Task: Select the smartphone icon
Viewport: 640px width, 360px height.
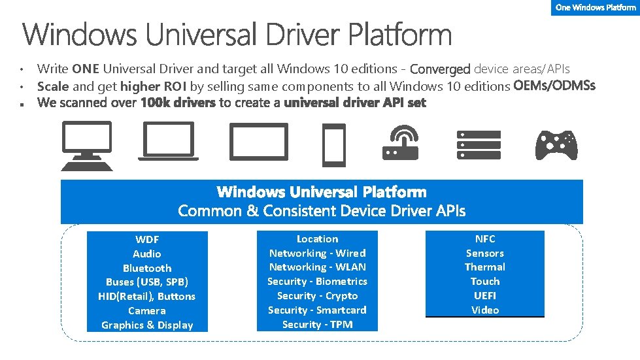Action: click(x=333, y=145)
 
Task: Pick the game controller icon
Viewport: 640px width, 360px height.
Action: click(x=556, y=145)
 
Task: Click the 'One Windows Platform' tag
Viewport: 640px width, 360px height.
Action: click(x=596, y=7)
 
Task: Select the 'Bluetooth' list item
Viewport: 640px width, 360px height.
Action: click(x=147, y=268)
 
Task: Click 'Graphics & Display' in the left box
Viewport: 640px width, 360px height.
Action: click(x=147, y=325)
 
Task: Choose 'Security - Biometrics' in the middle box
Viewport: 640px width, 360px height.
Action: click(x=317, y=281)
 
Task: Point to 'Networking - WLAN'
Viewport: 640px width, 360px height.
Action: click(x=317, y=267)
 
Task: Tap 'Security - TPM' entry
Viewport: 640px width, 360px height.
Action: click(x=317, y=324)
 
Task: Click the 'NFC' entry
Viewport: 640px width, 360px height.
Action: click(x=485, y=238)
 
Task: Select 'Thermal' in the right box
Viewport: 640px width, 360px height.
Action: click(x=485, y=267)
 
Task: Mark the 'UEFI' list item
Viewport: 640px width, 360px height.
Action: click(x=485, y=295)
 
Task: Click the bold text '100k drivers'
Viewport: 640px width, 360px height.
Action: click(x=178, y=103)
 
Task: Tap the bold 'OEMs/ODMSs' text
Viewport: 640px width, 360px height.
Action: click(x=554, y=86)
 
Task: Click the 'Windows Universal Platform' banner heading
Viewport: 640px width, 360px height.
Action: click(x=322, y=192)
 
